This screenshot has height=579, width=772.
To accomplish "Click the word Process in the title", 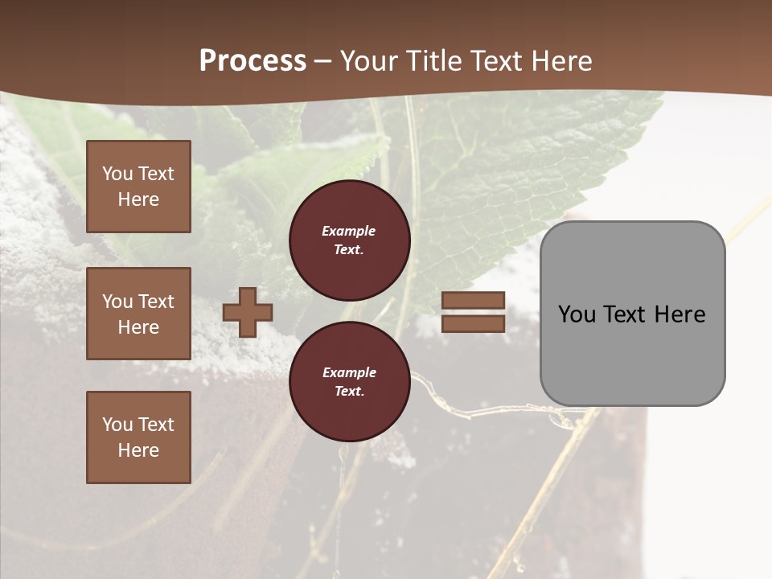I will point(253,61).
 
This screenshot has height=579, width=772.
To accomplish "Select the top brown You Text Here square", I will point(138,187).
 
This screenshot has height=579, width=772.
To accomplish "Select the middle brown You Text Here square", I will point(138,314).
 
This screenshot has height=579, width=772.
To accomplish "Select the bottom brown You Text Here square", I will point(138,437).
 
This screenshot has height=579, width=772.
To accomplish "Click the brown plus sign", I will point(248,312).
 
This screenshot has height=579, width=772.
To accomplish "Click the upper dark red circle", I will point(349,240).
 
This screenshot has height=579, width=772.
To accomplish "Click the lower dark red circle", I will point(349,381).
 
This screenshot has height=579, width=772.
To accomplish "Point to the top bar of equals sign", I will point(474,300).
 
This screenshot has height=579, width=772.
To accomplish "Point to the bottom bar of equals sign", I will point(474,323).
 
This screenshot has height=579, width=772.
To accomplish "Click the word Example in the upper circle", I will point(349,231).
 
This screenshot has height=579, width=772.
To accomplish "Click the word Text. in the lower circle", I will point(349,391).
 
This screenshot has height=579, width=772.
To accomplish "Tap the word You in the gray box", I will point(577,314).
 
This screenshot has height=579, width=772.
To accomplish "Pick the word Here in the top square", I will point(138,199).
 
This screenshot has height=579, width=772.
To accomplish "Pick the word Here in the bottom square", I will point(138,450).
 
